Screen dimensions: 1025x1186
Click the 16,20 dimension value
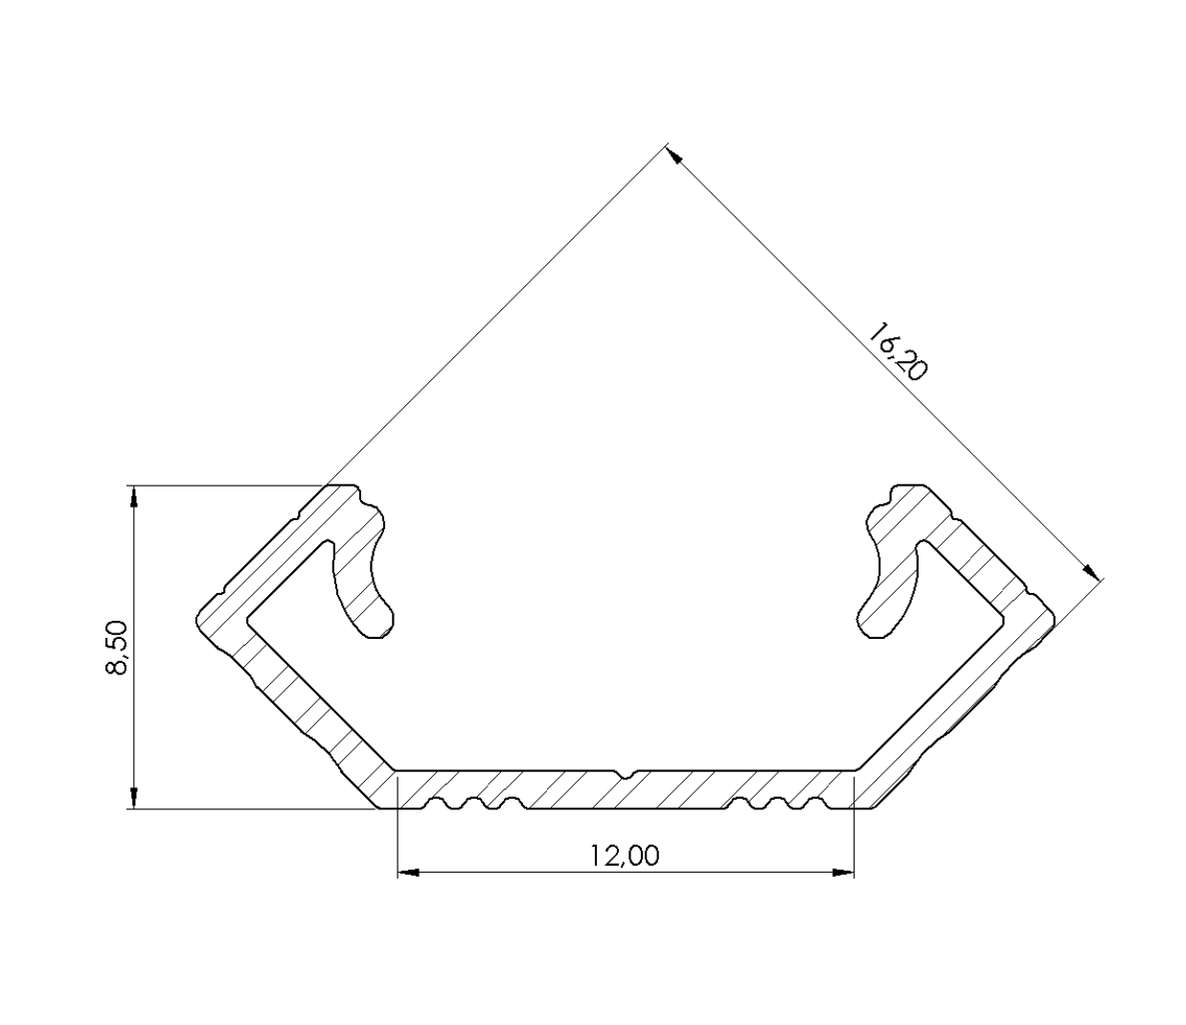click(898, 353)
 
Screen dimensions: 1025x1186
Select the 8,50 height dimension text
click(116, 648)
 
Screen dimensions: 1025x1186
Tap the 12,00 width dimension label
click(625, 855)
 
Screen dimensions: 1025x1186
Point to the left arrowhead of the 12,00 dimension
click(408, 873)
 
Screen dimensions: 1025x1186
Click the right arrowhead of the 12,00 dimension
click(842, 873)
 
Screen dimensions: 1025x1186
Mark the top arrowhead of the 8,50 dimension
click(134, 497)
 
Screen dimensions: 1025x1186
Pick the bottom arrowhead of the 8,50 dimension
click(134, 798)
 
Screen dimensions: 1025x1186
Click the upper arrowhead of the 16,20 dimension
click(673, 156)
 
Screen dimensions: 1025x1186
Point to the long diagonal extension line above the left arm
click(498, 316)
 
